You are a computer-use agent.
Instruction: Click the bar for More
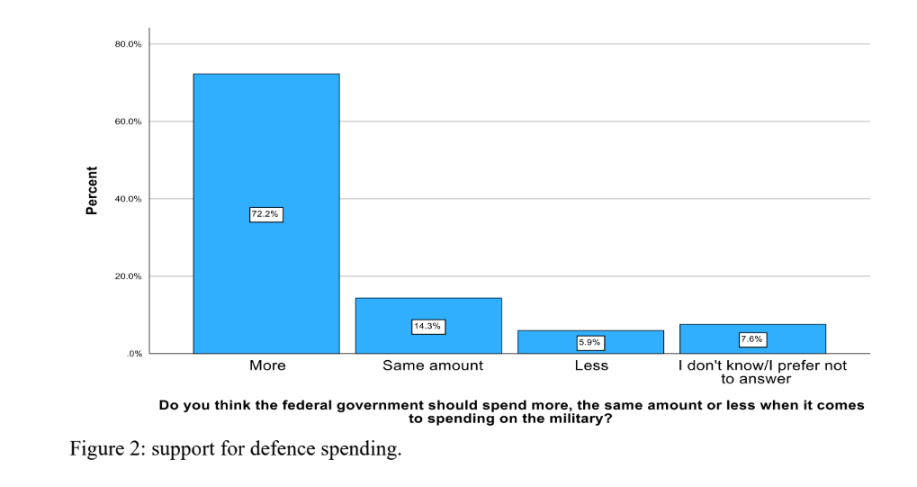[265, 144]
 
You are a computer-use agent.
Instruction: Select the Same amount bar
[428, 311]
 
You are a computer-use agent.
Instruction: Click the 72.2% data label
[265, 214]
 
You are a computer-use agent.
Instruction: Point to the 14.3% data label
[427, 327]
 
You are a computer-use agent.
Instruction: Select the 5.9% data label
[590, 342]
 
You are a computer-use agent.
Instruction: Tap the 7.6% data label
[752, 339]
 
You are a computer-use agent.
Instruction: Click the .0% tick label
[133, 354]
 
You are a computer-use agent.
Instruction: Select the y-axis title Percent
[92, 191]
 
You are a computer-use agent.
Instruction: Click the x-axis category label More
[267, 365]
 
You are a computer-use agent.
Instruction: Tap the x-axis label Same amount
[433, 365]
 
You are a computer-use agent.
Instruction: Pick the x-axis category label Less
[591, 365]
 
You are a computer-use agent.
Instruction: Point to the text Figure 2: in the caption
[108, 448]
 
